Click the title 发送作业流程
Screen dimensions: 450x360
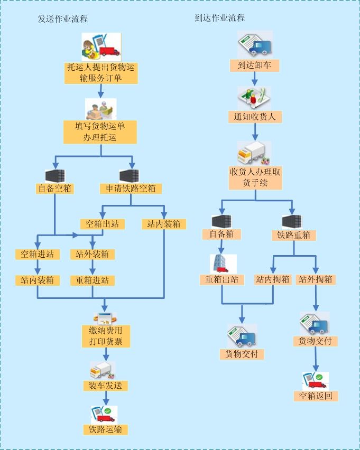[x=62, y=19]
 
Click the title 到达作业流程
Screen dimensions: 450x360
[x=219, y=18]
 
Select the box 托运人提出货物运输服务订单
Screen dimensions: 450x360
[x=100, y=72]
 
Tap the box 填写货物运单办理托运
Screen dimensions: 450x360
[x=100, y=132]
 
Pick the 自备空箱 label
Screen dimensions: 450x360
[x=55, y=188]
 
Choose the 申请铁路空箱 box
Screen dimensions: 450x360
[x=131, y=188]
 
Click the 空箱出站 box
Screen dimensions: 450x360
[x=103, y=224]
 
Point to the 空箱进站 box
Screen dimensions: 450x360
[x=37, y=254]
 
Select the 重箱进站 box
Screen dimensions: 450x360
[x=93, y=280]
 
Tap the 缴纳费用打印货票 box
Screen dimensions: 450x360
[x=106, y=336]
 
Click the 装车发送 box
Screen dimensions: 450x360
[x=105, y=386]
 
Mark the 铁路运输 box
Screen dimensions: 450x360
[x=105, y=429]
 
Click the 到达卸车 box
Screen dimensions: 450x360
[x=254, y=65]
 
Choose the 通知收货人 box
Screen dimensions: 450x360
[x=255, y=116]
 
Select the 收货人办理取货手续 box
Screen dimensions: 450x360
[x=255, y=177]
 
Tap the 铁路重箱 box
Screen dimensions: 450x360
[x=294, y=235]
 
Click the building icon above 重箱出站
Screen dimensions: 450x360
[x=223, y=264]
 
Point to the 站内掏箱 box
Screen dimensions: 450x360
[x=273, y=279]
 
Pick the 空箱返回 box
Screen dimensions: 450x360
[x=316, y=396]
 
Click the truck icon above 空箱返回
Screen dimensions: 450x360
[x=315, y=380]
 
